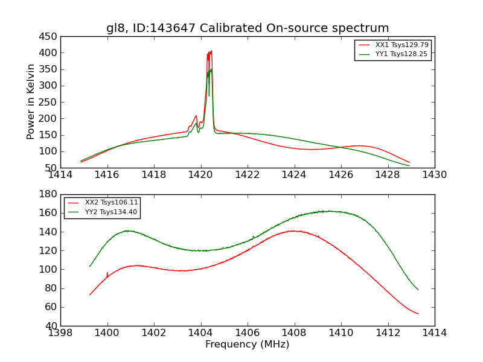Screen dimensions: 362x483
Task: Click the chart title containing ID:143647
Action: click(x=248, y=28)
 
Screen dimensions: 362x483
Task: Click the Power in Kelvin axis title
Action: click(x=31, y=102)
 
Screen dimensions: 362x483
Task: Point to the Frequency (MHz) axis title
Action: click(x=248, y=345)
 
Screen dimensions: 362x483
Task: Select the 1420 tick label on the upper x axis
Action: click(x=200, y=175)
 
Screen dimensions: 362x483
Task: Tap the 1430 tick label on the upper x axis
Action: click(x=434, y=175)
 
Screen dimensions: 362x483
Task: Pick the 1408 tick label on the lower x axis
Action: click(x=294, y=333)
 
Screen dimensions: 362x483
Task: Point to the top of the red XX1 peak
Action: click(x=211, y=51)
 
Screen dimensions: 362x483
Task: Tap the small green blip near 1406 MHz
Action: click(x=253, y=237)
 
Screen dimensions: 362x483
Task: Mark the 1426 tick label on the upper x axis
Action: click(x=341, y=175)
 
